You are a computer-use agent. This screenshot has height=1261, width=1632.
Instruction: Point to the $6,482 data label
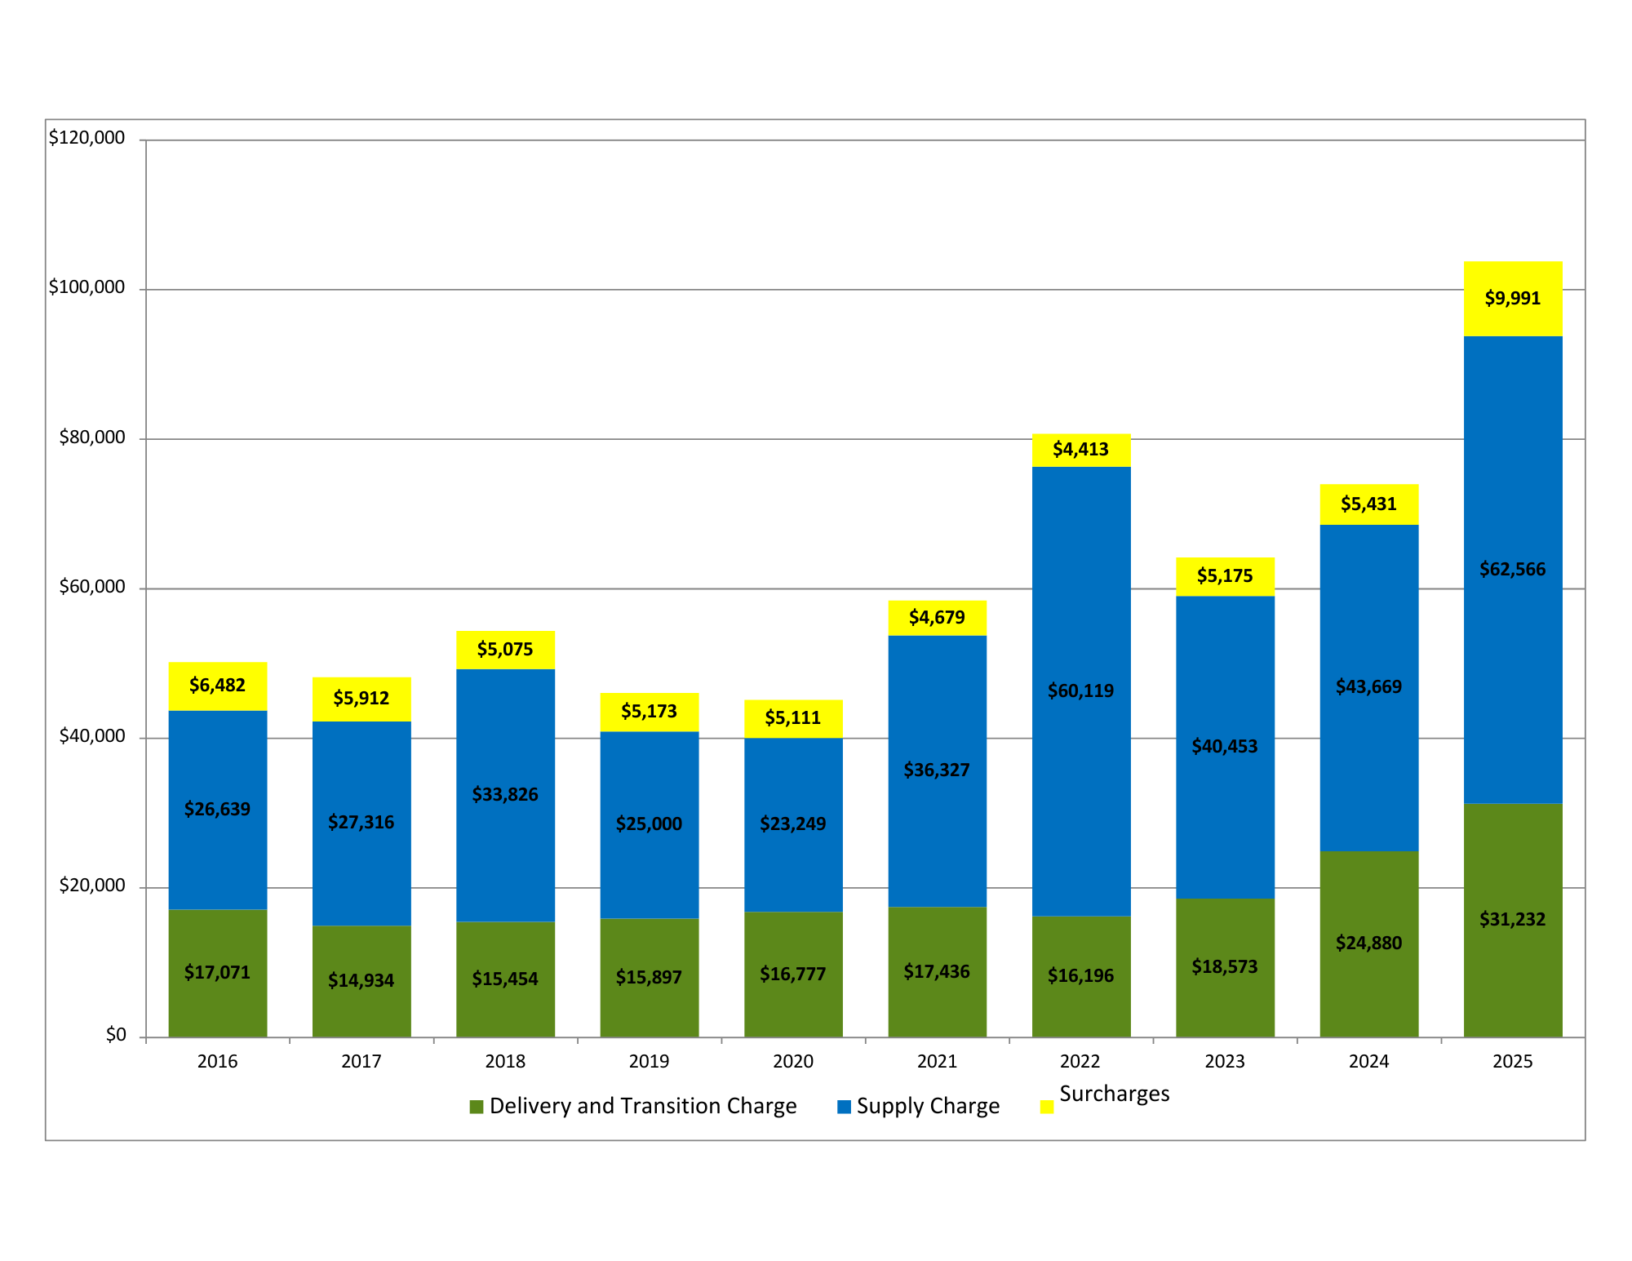pyautogui.click(x=217, y=685)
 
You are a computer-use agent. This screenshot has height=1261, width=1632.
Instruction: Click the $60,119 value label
pyautogui.click(x=1080, y=690)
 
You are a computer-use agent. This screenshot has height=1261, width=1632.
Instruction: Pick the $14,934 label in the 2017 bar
pyautogui.click(x=361, y=979)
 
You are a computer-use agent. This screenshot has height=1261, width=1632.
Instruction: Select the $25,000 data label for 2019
pyautogui.click(x=649, y=824)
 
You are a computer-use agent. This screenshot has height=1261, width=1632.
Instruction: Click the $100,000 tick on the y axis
pyautogui.click(x=87, y=287)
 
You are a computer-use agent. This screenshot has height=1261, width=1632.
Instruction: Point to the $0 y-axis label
pyautogui.click(x=116, y=1035)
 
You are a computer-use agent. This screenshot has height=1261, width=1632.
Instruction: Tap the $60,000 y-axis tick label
pyautogui.click(x=92, y=587)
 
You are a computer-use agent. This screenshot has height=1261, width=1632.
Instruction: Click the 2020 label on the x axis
pyautogui.click(x=792, y=1061)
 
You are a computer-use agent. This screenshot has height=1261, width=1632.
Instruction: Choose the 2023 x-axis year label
pyautogui.click(x=1225, y=1061)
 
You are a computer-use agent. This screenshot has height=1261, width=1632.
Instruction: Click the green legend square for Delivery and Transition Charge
pyautogui.click(x=477, y=1107)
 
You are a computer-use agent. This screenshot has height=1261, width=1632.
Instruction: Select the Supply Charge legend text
pyautogui.click(x=928, y=1106)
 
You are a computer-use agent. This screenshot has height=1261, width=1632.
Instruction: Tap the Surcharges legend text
pyautogui.click(x=1114, y=1094)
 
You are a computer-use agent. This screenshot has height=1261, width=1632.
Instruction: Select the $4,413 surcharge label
pyautogui.click(x=1080, y=449)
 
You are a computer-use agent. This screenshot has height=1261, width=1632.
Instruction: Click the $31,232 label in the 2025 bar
pyautogui.click(x=1512, y=919)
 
